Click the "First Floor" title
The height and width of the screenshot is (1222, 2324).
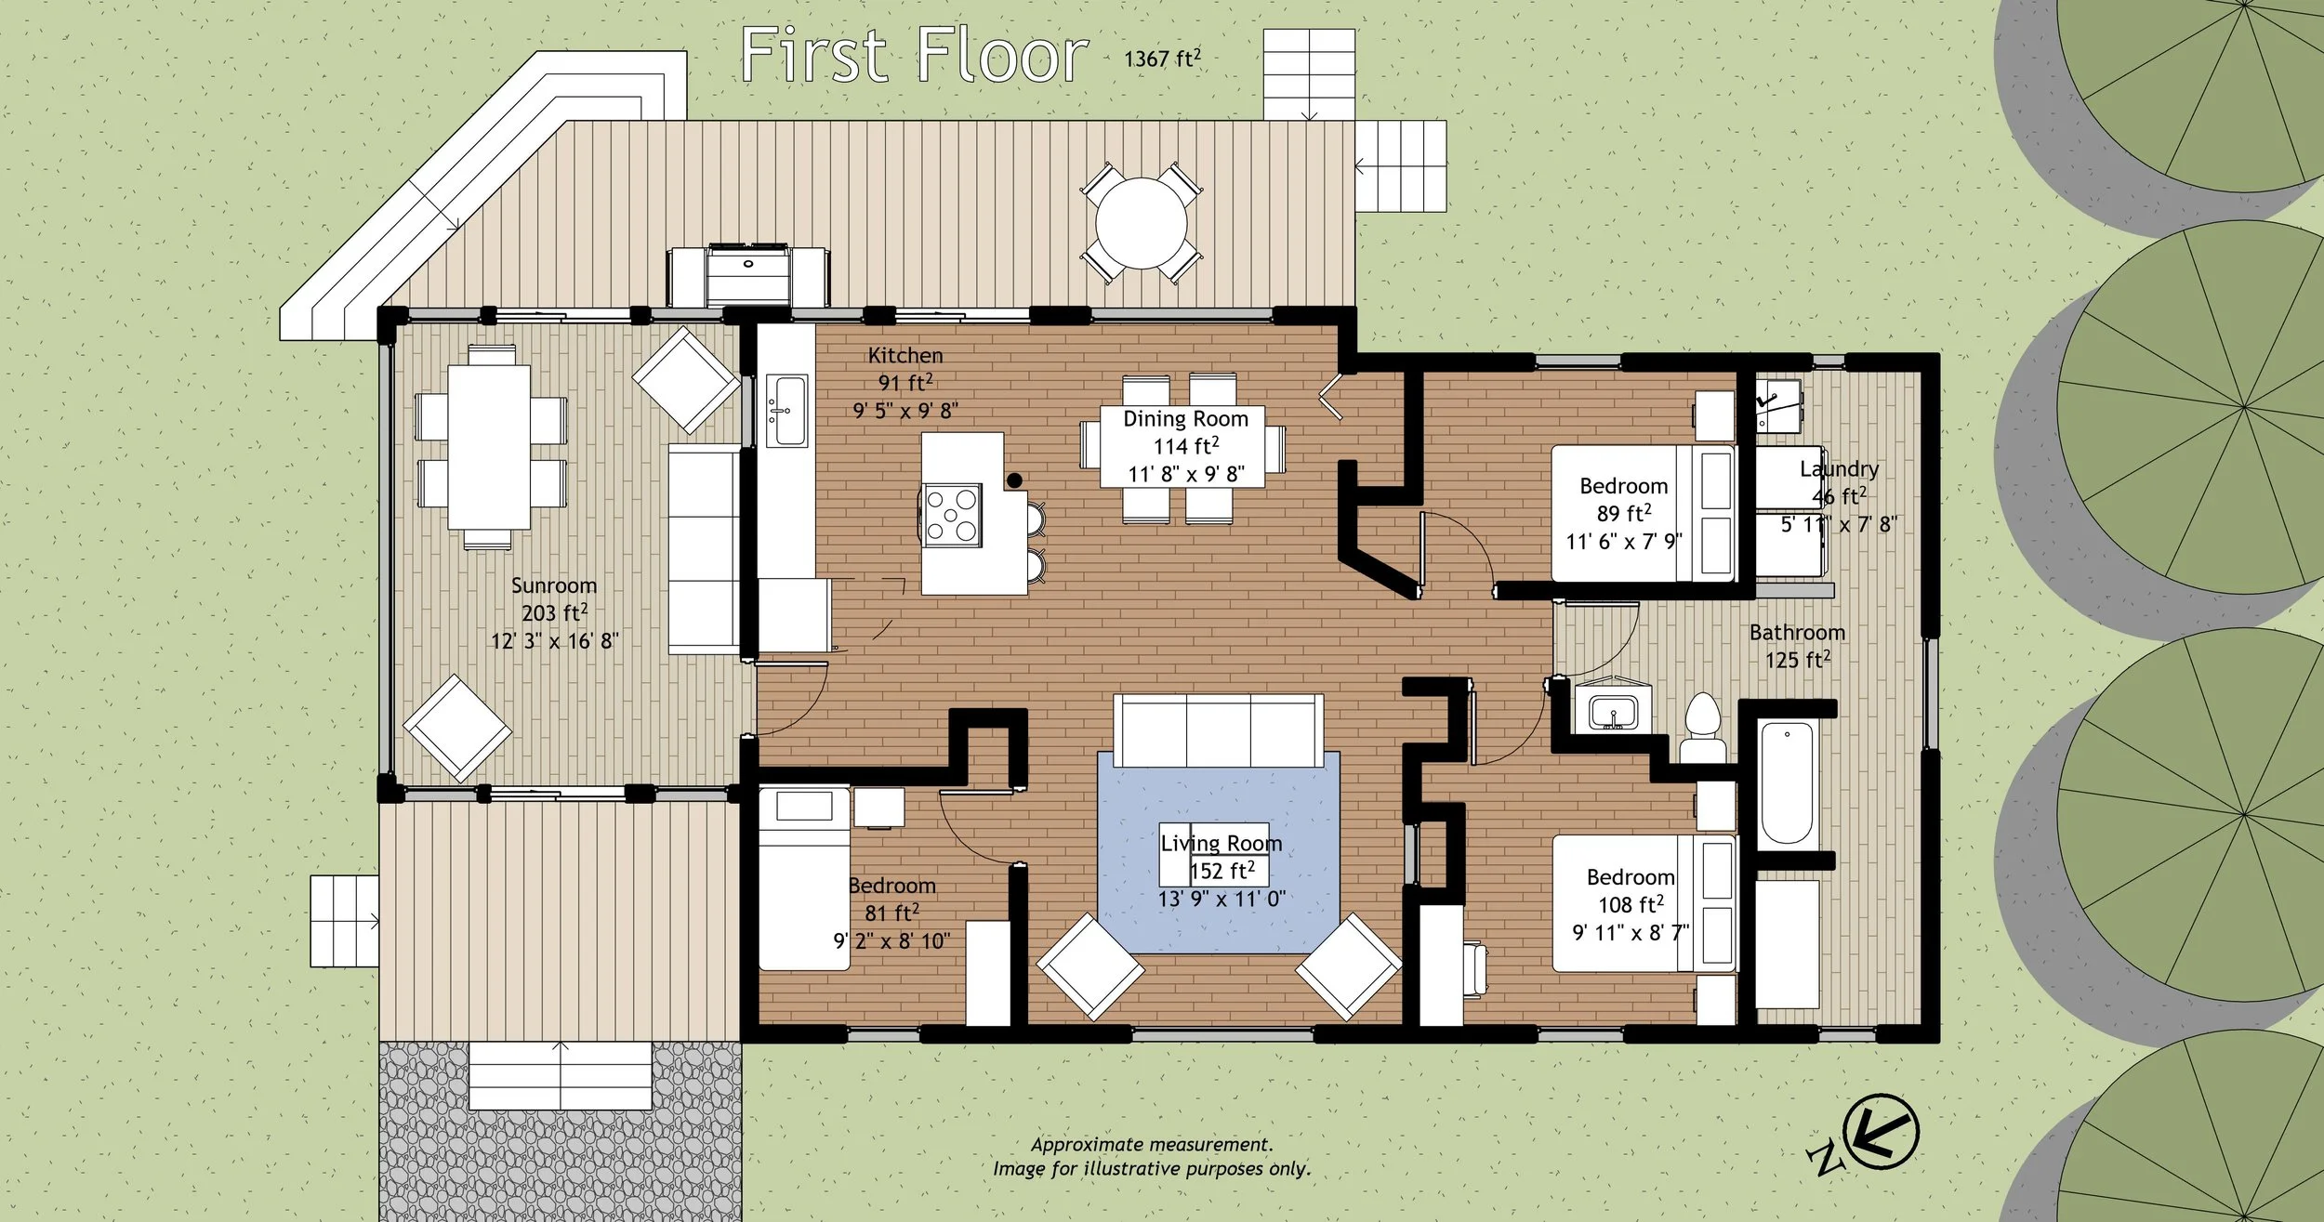point(914,55)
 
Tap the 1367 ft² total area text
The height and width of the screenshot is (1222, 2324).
point(1162,59)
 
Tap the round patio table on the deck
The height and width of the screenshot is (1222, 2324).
point(1141,224)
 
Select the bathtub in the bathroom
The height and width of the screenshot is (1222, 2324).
point(1787,782)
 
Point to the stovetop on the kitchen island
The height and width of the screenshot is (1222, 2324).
point(952,514)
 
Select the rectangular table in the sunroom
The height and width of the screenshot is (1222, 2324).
point(489,447)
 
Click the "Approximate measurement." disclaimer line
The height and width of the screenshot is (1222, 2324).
point(1152,1145)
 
